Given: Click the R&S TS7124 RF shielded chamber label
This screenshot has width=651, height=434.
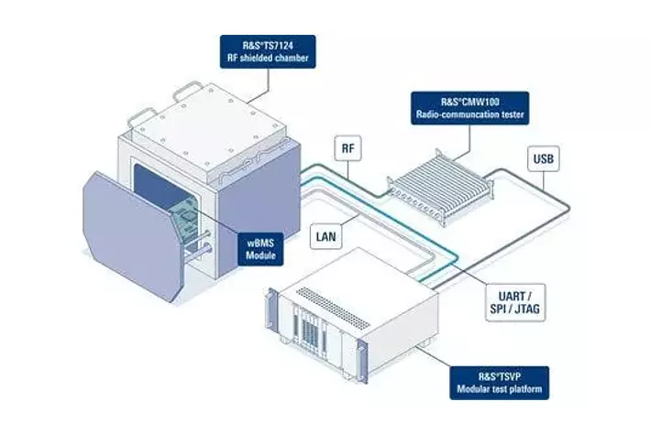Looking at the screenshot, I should (268, 51).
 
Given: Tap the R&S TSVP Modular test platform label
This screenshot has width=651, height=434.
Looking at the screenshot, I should (499, 383).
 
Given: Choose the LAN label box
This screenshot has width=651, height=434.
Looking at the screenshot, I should (325, 237).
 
